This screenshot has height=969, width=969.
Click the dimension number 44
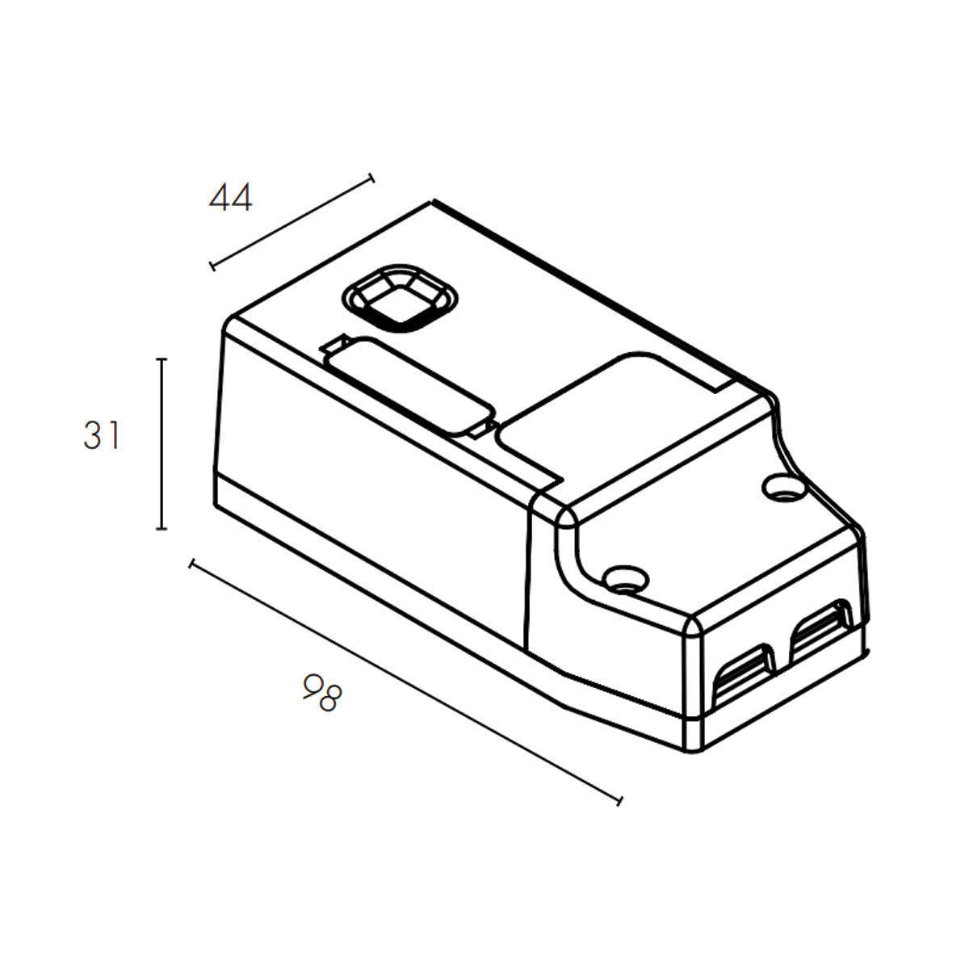[x=231, y=198]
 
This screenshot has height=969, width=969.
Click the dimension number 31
[x=102, y=436]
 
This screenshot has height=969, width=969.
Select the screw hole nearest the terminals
[x=625, y=577]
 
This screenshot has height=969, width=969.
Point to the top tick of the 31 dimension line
[x=161, y=359]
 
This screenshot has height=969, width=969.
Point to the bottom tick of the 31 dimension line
[x=161, y=529]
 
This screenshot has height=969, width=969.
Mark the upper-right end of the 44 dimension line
[x=371, y=177]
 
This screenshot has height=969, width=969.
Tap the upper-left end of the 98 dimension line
[x=191, y=563]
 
